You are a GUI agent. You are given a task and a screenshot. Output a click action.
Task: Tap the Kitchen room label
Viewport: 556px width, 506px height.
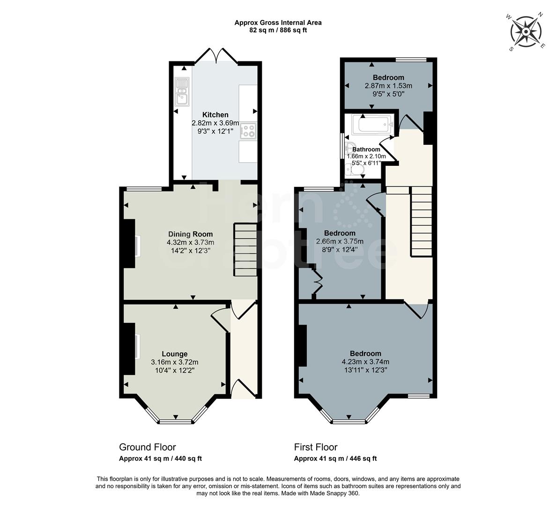click(215, 115)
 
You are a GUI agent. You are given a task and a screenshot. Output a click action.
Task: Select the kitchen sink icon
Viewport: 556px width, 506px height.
click(181, 91)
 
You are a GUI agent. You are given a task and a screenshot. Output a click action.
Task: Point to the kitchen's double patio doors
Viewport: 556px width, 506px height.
click(216, 56)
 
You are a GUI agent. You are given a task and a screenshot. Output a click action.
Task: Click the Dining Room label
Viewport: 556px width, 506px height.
click(190, 234)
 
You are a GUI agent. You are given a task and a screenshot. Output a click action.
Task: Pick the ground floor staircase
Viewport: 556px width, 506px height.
click(245, 250)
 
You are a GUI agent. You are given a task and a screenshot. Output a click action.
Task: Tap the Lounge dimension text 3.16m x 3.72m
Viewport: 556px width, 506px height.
click(174, 362)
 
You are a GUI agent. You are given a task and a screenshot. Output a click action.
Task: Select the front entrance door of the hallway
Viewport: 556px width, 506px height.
click(244, 389)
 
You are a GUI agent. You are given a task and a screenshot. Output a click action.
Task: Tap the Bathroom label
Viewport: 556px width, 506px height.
click(366, 149)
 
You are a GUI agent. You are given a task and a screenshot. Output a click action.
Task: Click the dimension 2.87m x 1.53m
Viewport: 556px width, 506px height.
click(388, 86)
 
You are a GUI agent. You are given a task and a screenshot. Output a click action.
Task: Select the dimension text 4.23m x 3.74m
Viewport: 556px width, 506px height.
click(365, 362)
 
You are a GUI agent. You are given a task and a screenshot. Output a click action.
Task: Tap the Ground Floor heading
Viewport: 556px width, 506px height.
click(148, 447)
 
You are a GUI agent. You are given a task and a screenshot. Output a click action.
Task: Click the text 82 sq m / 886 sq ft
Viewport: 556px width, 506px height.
click(278, 30)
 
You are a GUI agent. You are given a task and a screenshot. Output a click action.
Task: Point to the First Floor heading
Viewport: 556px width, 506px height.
click(316, 447)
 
